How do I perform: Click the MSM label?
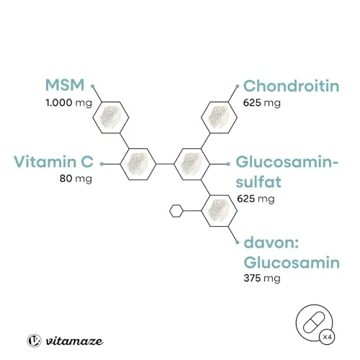coord(65,85)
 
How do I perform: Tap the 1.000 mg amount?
coord(69,103)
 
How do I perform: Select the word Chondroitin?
coord(291,86)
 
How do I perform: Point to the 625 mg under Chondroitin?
coord(262,103)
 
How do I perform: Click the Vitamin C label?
coord(53,161)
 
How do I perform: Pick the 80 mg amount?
coord(76,179)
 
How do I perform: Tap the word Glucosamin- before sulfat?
coord(287,162)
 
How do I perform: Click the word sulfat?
coord(258,181)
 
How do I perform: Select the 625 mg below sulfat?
coord(256,199)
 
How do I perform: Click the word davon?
coord(271,243)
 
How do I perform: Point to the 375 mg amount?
coord(262,279)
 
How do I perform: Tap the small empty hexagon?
coord(176,211)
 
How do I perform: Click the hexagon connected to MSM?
coord(111,117)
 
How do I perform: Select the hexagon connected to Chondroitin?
coord(219,117)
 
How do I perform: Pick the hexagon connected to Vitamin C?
coord(138,164)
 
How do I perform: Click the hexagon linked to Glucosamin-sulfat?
coord(192,164)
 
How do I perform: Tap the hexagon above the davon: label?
coord(219,211)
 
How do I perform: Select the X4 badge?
coord(327,337)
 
